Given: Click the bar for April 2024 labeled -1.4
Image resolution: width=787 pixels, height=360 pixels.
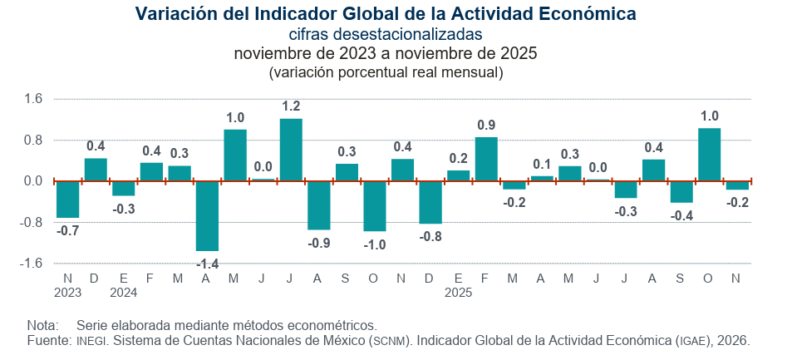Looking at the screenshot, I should (207, 215).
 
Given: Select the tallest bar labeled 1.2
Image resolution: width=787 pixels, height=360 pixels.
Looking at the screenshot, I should (291, 150).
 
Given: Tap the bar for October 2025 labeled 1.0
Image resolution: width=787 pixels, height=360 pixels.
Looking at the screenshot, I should (709, 154).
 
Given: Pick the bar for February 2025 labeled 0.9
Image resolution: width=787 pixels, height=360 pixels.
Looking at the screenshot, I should (486, 159).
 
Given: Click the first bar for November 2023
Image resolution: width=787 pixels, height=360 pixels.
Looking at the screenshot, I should (67, 199).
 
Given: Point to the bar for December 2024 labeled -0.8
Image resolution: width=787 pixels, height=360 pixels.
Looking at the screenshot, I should (430, 202).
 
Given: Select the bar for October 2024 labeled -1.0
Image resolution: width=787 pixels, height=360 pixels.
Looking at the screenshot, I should (375, 205).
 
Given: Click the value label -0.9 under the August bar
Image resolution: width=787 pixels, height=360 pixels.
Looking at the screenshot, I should (318, 244).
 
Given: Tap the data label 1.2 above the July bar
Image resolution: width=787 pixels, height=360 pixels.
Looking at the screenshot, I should (291, 106).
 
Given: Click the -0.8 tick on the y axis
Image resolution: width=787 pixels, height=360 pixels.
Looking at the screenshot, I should (31, 222).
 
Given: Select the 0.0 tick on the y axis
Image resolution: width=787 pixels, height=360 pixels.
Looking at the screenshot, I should (32, 180).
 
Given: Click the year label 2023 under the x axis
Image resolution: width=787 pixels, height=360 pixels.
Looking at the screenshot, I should (67, 293).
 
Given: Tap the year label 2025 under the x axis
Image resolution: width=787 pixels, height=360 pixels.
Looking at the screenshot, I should (459, 293).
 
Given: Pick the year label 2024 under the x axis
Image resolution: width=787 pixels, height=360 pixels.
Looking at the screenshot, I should (123, 293).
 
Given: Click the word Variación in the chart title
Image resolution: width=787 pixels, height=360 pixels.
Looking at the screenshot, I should (175, 14).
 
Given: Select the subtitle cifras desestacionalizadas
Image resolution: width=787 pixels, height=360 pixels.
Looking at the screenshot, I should (386, 34).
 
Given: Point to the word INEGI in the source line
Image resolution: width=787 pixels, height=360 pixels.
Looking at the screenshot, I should (91, 341).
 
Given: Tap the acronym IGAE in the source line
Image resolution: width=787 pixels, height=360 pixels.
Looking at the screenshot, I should (693, 341).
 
